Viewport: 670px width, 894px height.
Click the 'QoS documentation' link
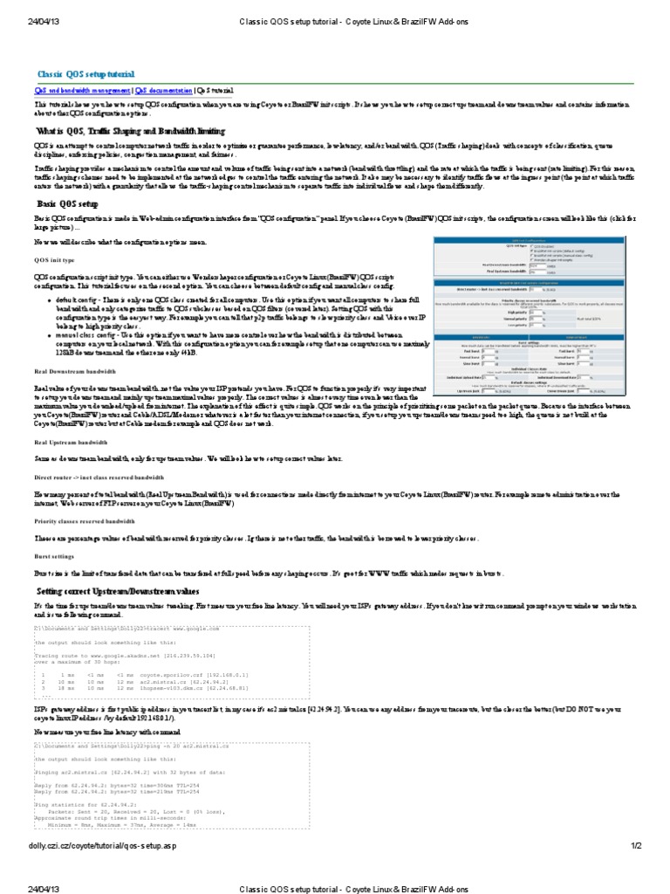[x=164, y=90]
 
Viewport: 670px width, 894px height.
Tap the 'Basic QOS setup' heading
[x=72, y=203]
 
